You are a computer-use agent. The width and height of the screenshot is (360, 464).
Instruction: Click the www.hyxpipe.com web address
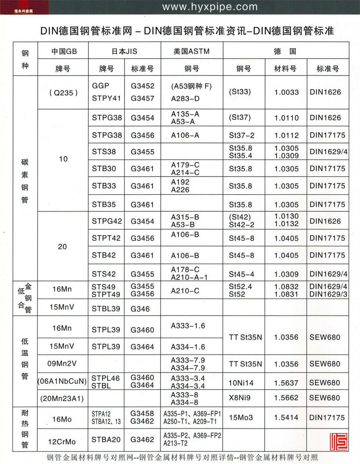coord(210,7)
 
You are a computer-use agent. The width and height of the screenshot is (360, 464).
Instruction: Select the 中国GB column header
coord(63,51)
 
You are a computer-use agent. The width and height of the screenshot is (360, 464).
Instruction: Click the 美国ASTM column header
coord(191,51)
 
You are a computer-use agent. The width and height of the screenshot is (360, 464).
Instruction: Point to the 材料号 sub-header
coord(285,69)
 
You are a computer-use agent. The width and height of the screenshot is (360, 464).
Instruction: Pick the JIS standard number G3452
coord(142,86)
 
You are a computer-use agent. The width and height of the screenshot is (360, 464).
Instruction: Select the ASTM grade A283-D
coord(185,98)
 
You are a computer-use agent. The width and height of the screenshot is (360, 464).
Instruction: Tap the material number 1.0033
coord(287,92)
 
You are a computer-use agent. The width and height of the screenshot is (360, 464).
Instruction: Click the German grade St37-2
coord(241,136)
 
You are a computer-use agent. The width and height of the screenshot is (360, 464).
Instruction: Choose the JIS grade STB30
coord(104,169)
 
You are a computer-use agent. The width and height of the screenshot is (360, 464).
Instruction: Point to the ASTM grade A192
coord(180,182)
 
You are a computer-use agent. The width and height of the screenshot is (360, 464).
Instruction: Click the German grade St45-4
coord(241,274)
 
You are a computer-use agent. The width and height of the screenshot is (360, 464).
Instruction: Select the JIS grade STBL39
coord(106,308)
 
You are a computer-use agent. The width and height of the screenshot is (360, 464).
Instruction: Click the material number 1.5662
coord(287,399)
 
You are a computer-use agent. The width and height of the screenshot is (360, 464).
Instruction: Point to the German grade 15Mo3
coord(241,417)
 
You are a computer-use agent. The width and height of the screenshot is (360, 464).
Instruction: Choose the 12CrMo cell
coord(62,441)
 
